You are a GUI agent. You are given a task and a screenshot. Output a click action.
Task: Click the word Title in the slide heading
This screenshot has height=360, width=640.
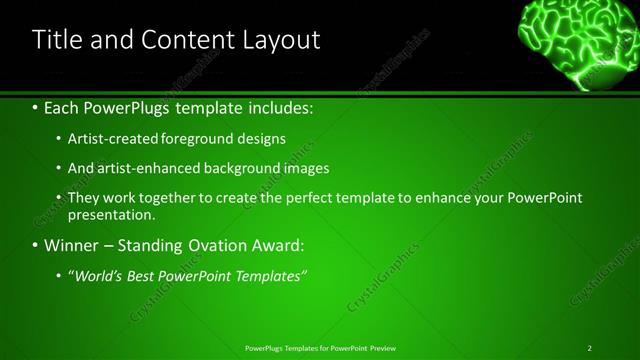click(57, 40)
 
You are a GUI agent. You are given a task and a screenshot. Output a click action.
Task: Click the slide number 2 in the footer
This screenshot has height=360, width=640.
click(590, 348)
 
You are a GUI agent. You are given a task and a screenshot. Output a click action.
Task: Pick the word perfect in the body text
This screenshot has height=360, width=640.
click(293, 198)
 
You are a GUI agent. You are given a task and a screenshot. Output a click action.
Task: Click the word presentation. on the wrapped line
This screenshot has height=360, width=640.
click(112, 214)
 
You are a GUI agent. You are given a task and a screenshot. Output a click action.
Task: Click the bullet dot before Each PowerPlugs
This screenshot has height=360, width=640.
click(36, 107)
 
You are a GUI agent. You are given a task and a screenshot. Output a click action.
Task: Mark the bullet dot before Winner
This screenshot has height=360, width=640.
click(36, 245)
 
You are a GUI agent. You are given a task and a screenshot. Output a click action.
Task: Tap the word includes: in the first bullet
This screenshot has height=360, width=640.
click(276, 107)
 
